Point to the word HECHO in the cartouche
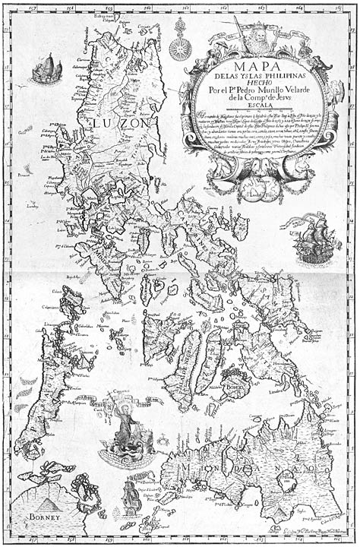(257, 84)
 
